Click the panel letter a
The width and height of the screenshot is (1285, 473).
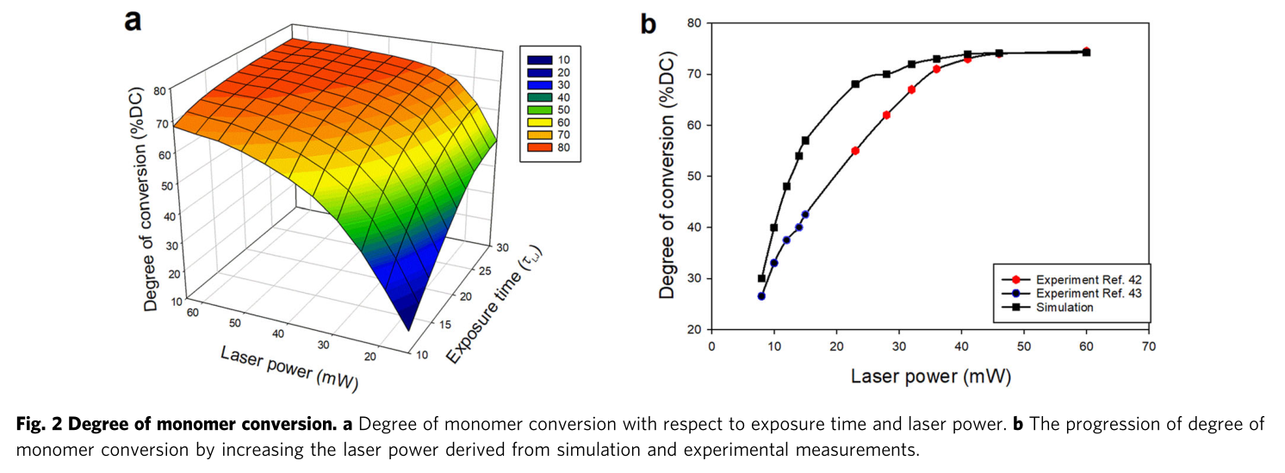coord(133,19)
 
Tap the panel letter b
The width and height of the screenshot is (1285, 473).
coord(648,23)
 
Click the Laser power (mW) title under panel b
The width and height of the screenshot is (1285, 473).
coord(931,377)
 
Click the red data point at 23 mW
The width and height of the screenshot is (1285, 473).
coord(855,151)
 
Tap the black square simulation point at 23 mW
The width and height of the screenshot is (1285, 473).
coord(855,84)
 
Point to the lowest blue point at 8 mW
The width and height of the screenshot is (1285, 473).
coord(761,296)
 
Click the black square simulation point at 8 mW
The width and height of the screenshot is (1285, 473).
coord(761,278)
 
